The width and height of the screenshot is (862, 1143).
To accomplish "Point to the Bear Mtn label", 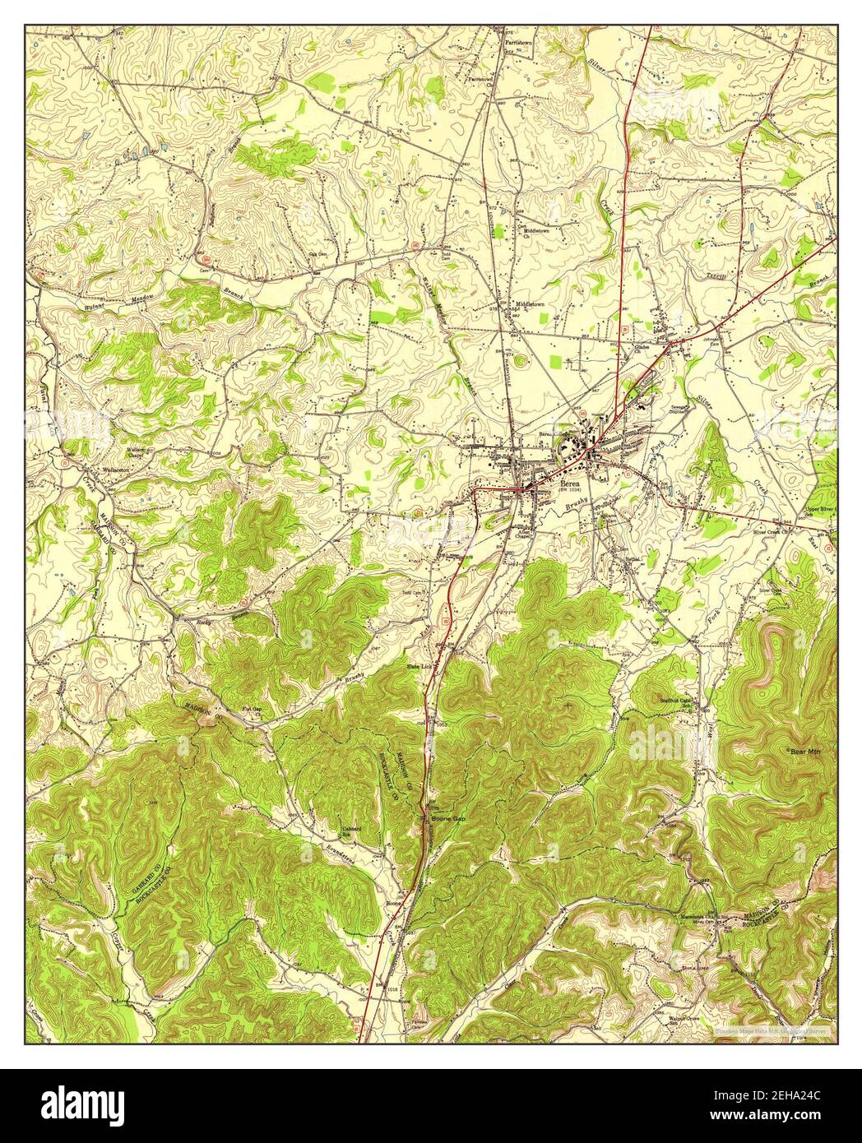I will click(805, 752).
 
